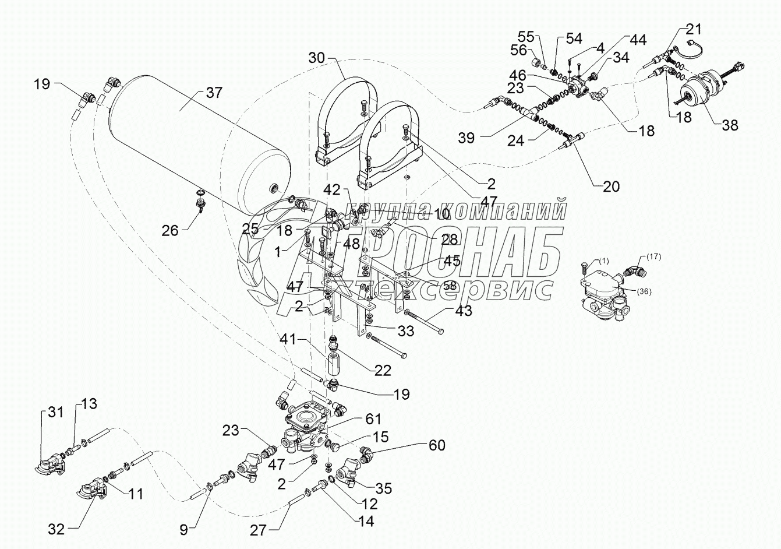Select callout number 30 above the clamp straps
point(317,58)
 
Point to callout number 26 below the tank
point(171,230)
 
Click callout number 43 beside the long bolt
point(464,311)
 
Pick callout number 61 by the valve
point(373,419)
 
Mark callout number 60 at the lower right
point(436,446)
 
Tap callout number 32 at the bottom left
point(56,529)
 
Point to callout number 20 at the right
point(611,186)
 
